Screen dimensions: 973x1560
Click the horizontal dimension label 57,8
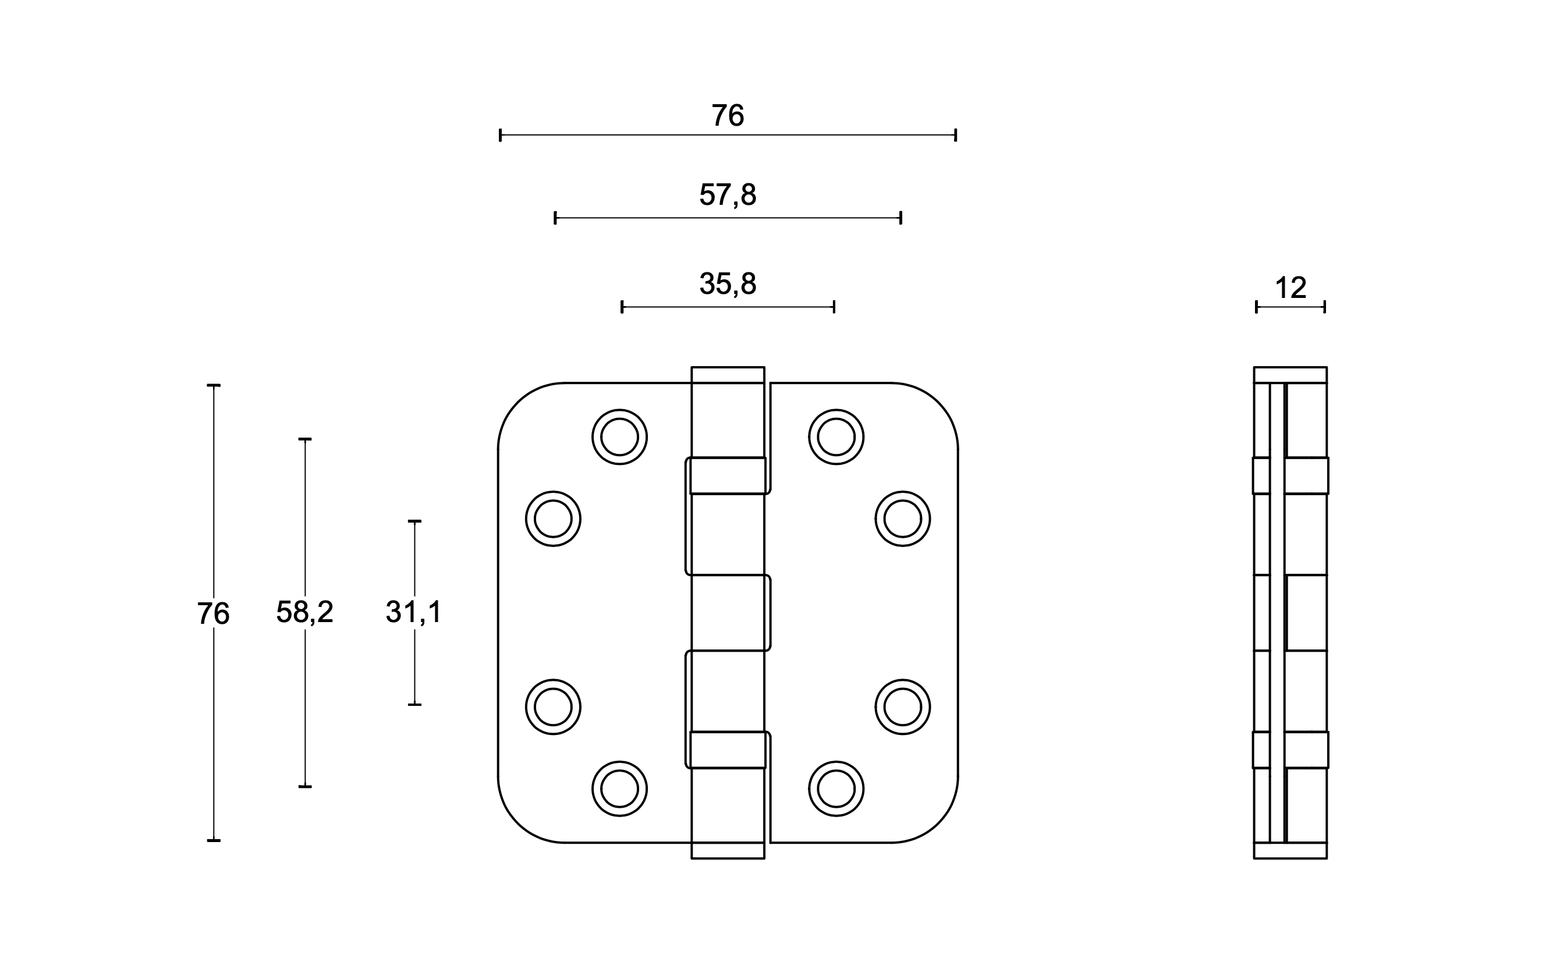click(x=728, y=195)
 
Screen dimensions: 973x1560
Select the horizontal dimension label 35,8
click(x=728, y=284)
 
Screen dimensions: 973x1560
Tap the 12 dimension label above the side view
click(x=1290, y=288)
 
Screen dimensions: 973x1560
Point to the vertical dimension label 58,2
click(x=304, y=612)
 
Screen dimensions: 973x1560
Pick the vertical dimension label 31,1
click(x=414, y=612)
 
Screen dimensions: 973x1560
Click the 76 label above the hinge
click(x=728, y=116)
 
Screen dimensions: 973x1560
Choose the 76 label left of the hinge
click(x=213, y=614)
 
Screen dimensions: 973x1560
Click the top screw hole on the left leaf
click(x=619, y=437)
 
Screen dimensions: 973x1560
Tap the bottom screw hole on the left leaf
click(x=619, y=789)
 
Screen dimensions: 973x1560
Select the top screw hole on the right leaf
click(x=836, y=437)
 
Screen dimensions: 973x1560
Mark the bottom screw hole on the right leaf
click(x=836, y=789)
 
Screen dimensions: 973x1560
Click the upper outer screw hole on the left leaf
click(x=553, y=519)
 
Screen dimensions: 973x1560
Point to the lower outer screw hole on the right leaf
click(x=902, y=706)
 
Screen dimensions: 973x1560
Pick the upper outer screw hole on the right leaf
click(x=902, y=519)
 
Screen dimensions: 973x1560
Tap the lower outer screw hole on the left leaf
click(x=553, y=706)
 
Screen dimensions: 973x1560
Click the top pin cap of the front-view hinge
click(x=728, y=375)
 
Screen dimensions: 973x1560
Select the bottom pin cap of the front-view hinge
click(x=728, y=851)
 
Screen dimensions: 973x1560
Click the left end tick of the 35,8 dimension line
click(x=622, y=307)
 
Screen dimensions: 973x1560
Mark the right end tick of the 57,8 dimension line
click(x=900, y=218)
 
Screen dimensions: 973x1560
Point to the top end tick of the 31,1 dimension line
click(x=414, y=521)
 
